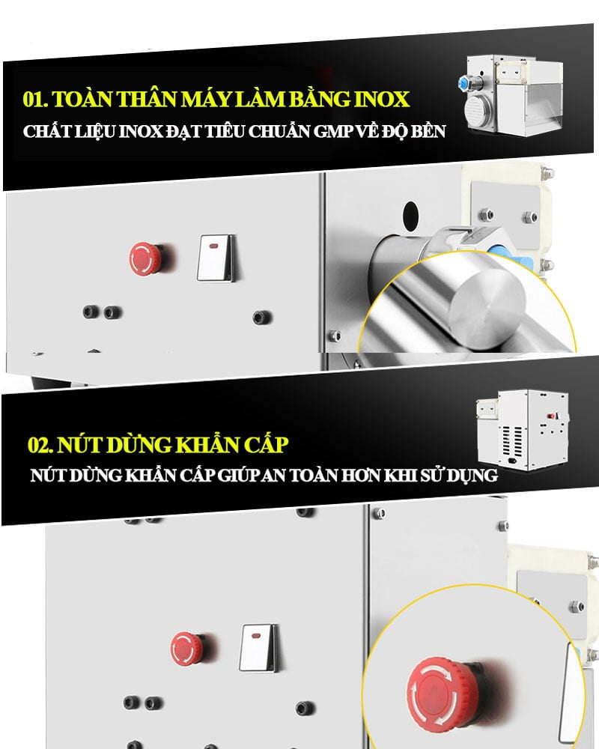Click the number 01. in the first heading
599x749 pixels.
tap(35, 100)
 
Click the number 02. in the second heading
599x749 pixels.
tap(40, 445)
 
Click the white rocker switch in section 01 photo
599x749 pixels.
tap(216, 258)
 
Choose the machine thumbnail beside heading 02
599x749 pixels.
tap(523, 429)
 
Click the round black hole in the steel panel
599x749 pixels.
tap(410, 214)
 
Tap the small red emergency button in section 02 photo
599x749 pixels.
tap(186, 649)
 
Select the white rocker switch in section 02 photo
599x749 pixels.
tap(258, 647)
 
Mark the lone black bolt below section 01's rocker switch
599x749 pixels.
tap(261, 317)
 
